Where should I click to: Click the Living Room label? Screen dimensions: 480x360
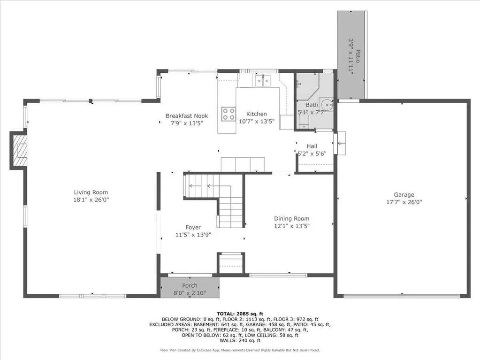click(x=91, y=192)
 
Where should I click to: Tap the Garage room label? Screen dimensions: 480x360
click(x=404, y=195)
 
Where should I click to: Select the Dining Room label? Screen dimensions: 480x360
click(x=292, y=219)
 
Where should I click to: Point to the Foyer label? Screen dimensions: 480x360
click(x=193, y=228)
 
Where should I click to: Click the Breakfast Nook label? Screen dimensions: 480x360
click(x=187, y=116)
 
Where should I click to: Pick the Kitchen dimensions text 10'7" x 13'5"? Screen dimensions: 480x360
click(x=257, y=122)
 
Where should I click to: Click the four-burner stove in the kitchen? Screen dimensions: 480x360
click(x=229, y=114)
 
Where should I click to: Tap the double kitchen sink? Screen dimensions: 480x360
click(x=262, y=80)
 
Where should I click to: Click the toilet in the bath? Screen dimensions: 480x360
click(x=304, y=121)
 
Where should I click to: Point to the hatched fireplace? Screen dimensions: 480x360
click(x=19, y=150)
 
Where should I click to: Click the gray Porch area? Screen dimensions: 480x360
click(x=190, y=287)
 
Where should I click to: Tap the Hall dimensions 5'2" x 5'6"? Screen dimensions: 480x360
click(x=312, y=153)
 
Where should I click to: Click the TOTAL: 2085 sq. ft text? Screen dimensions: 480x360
click(x=240, y=314)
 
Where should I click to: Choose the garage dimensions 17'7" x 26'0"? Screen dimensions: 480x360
click(x=404, y=202)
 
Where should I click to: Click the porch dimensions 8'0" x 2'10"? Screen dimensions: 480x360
click(x=190, y=293)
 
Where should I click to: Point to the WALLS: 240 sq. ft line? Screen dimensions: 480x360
click(x=240, y=340)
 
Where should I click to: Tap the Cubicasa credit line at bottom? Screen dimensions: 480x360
click(x=240, y=350)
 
